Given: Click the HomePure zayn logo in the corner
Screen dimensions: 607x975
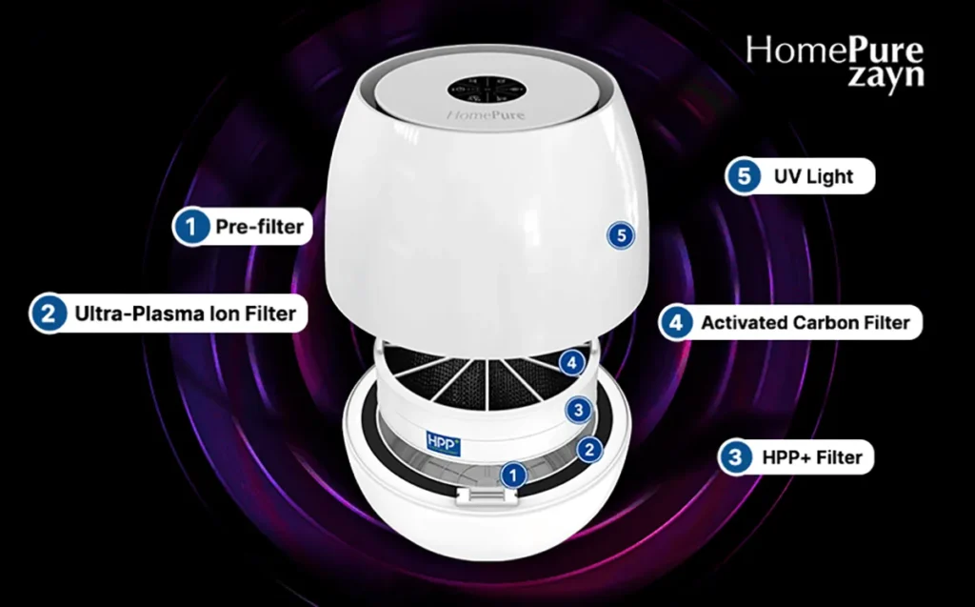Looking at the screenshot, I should click(834, 62).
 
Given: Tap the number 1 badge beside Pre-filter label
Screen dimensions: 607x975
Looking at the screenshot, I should click(191, 227).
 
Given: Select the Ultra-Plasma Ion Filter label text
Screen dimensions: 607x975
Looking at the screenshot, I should click(185, 313).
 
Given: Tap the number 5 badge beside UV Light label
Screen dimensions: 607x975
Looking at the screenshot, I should click(744, 176).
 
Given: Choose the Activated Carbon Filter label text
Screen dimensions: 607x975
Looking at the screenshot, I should click(806, 322).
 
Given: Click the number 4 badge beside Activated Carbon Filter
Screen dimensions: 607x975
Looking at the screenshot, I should click(676, 322).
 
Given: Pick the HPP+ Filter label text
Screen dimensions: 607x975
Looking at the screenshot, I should click(812, 457).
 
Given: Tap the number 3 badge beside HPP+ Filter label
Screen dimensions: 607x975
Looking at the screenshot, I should click(734, 457).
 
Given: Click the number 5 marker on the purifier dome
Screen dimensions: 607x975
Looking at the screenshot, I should click(621, 234).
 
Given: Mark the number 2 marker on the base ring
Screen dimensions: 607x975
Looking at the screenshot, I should click(590, 448).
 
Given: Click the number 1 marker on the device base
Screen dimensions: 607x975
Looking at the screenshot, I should click(513, 473).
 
